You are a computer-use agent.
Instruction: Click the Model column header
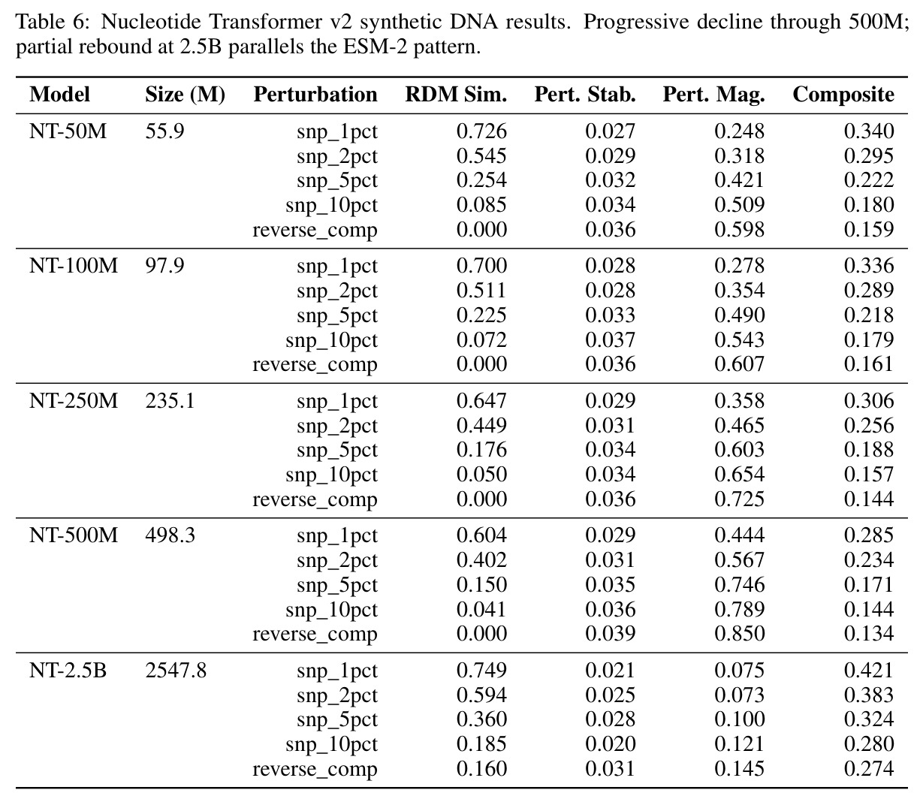(59, 95)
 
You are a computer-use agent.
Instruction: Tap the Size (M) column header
(185, 95)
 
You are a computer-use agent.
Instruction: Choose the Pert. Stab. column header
(585, 95)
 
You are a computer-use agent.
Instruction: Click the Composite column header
(843, 95)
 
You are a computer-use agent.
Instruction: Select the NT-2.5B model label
(68, 671)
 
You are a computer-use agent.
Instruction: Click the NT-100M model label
(74, 266)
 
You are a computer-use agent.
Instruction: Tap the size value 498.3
(170, 535)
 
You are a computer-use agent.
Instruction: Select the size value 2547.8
(176, 671)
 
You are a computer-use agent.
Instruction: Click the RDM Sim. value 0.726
(481, 131)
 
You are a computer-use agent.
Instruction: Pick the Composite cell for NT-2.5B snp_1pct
(869, 671)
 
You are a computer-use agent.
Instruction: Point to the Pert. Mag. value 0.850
(740, 634)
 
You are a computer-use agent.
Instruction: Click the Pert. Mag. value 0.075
(740, 671)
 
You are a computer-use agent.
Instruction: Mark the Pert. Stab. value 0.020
(611, 744)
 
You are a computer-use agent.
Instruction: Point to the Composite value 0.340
(869, 131)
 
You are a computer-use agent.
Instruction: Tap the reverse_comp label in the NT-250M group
(315, 499)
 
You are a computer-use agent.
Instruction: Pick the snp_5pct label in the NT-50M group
(337, 181)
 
